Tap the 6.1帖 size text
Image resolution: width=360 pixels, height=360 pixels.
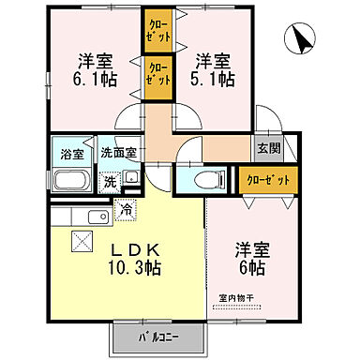coord(94,81)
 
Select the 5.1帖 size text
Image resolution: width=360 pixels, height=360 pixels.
coord(213,81)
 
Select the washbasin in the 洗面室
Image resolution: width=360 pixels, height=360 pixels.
coord(131,177)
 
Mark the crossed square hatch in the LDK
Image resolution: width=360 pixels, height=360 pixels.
coord(81,242)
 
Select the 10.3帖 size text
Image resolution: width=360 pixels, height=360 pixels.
coord(143,269)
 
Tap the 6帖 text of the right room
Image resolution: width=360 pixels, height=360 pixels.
coord(250,269)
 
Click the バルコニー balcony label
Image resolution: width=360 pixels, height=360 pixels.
coord(157,335)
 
